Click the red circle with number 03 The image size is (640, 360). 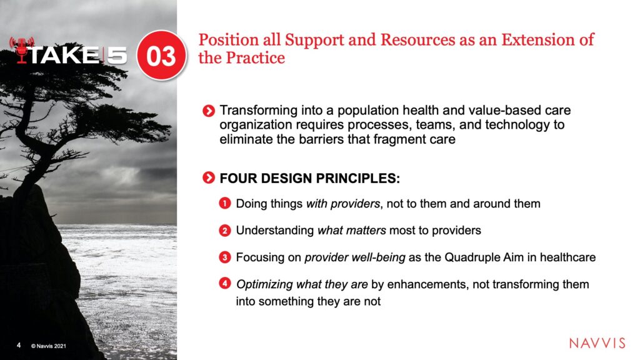click(x=162, y=56)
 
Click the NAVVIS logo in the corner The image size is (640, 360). click(x=597, y=343)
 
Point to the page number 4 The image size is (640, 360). click(x=18, y=345)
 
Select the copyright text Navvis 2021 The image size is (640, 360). click(x=48, y=346)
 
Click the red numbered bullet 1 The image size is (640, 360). click(x=225, y=203)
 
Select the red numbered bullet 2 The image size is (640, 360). click(x=225, y=231)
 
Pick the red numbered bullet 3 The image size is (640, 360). click(x=225, y=257)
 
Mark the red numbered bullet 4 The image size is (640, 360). click(x=225, y=283)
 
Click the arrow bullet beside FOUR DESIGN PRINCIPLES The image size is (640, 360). click(x=209, y=178)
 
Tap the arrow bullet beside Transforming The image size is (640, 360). click(x=209, y=111)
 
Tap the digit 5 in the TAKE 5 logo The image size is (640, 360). click(x=116, y=55)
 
